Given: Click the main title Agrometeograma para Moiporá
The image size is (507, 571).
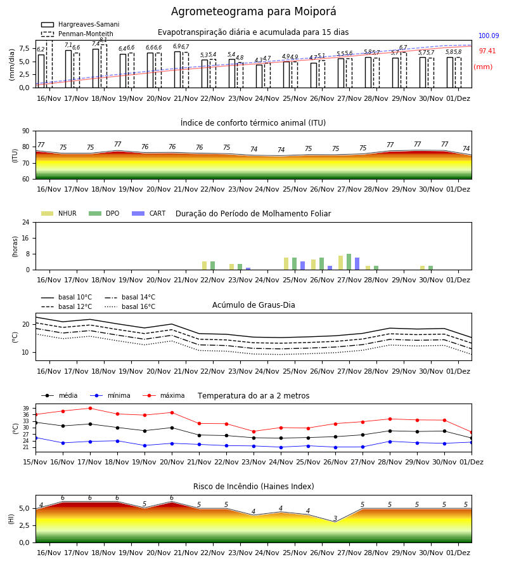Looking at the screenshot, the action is click(253, 11).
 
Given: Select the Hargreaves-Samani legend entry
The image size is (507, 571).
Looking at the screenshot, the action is click(80, 24).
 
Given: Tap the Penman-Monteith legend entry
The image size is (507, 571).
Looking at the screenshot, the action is click(77, 34).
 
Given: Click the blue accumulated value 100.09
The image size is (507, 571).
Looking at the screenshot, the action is click(489, 36).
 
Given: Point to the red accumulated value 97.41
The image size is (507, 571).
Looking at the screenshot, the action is click(487, 51).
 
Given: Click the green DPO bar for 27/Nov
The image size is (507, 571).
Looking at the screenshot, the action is click(349, 262).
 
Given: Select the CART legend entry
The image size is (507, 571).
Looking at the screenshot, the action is click(149, 213).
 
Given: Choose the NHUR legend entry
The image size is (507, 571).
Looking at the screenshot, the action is click(59, 213).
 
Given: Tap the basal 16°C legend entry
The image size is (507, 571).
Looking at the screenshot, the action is click(130, 306).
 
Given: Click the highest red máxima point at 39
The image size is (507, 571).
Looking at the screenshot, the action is click(90, 408).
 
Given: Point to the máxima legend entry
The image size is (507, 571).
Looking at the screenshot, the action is click(164, 395).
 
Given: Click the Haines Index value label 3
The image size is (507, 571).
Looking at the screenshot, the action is click(335, 518).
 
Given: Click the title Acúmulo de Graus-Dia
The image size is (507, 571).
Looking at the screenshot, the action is click(253, 305).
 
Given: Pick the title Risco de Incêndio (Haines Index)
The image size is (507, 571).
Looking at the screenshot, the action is click(253, 487).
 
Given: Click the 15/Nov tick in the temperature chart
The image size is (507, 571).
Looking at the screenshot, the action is click(35, 462).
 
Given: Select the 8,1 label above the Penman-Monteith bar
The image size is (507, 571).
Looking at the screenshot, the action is click(103, 40).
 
